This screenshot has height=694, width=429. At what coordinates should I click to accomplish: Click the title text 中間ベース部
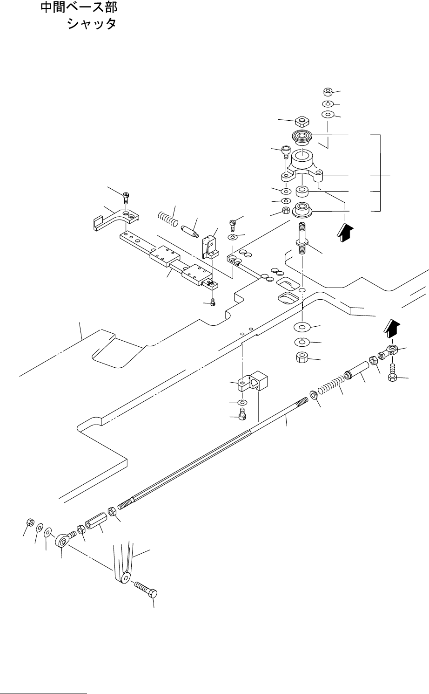point(79,7)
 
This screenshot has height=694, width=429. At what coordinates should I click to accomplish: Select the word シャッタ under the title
point(92,24)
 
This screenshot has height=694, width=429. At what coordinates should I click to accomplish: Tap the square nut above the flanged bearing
point(302,121)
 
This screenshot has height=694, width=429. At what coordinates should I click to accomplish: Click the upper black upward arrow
point(345,233)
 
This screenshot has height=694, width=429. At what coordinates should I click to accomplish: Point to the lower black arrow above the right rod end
point(392,329)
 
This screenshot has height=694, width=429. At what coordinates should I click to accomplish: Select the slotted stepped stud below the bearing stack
point(302,238)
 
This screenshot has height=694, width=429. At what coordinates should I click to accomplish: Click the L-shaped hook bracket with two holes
point(116,219)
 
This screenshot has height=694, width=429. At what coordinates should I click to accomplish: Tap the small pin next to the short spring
point(189,232)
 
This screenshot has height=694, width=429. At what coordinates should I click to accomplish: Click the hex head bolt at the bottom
point(146,589)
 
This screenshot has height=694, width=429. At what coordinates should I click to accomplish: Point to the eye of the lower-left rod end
point(62,542)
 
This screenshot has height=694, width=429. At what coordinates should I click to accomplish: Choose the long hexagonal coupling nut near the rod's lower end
point(95,521)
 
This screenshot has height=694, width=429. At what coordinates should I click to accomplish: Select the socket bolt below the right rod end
point(393,373)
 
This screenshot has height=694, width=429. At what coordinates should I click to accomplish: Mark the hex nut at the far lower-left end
point(30,522)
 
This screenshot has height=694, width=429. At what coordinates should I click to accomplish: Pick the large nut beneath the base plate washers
point(302,357)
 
